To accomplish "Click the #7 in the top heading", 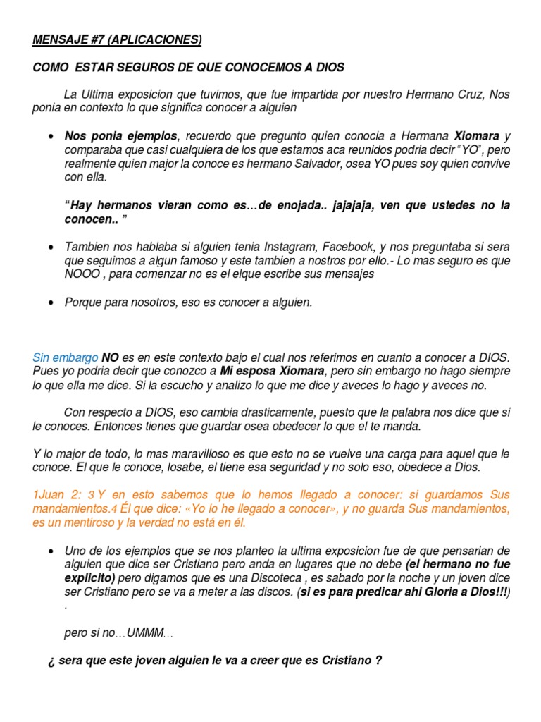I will click(94, 39).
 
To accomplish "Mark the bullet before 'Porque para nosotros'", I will click(51, 302).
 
